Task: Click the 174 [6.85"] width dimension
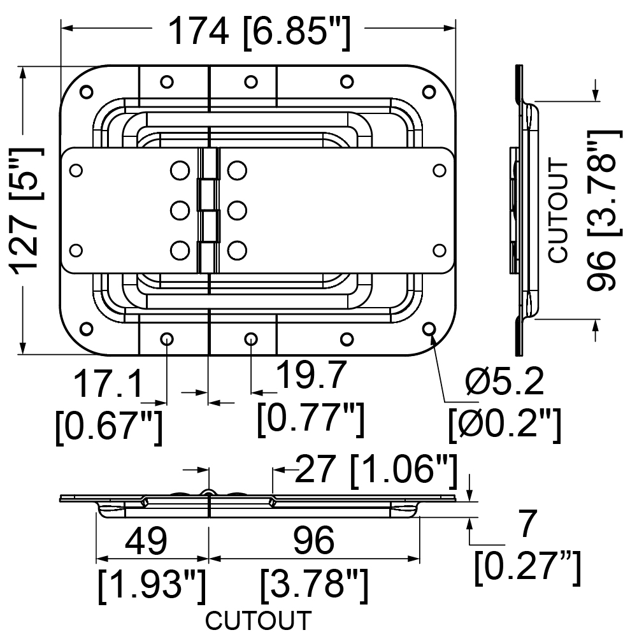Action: click(x=259, y=32)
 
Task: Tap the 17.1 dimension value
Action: click(x=108, y=383)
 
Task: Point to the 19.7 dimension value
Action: click(x=311, y=375)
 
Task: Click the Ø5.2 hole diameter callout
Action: click(x=505, y=382)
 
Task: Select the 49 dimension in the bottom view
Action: click(x=146, y=541)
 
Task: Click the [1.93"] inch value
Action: click(x=152, y=585)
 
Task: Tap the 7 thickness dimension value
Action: click(x=528, y=524)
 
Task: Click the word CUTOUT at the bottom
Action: click(x=259, y=620)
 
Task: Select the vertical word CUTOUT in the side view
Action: click(x=558, y=211)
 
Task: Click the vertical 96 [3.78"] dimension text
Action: click(x=604, y=210)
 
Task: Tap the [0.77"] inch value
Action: click(x=311, y=419)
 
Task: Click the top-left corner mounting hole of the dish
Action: click(x=86, y=92)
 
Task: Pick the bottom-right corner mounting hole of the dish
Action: click(x=429, y=328)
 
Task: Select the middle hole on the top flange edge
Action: click(x=251, y=82)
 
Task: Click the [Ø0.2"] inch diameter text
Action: click(x=505, y=425)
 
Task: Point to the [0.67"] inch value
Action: click(x=109, y=427)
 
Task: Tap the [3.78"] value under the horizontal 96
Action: click(x=314, y=585)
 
